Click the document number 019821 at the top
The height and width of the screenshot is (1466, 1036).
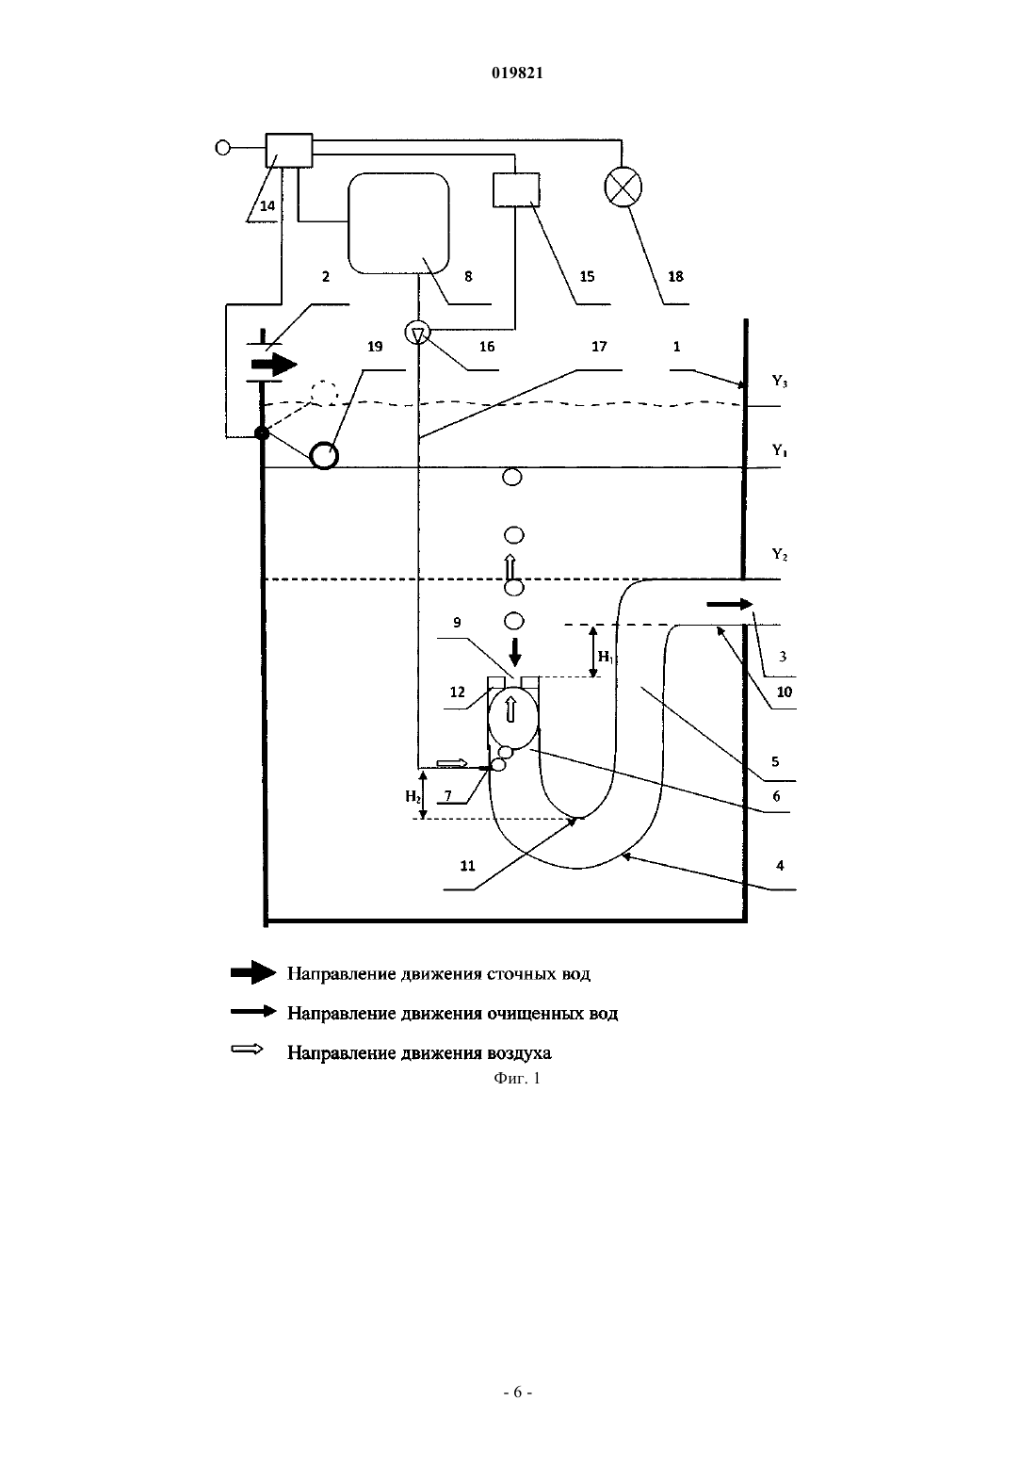point(517,73)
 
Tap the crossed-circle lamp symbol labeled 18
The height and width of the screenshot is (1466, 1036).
point(623,187)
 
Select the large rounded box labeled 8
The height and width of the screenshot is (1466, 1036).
point(398,223)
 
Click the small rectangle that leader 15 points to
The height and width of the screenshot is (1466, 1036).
point(516,189)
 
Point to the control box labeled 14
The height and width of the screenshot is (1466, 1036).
point(289,151)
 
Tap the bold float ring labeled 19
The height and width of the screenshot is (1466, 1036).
point(324,455)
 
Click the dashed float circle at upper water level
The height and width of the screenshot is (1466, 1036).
point(324,394)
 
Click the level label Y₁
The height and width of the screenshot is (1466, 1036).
point(779,450)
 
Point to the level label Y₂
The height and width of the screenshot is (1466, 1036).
point(779,555)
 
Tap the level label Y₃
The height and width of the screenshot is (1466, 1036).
point(779,381)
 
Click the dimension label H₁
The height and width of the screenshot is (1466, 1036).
point(606,657)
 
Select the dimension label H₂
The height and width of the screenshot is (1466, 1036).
point(413,796)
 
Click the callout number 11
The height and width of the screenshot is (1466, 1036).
point(468,866)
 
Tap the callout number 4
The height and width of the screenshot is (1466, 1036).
point(780,865)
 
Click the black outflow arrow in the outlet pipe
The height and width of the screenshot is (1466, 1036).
point(729,604)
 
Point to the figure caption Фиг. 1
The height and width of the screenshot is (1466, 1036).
point(517,1078)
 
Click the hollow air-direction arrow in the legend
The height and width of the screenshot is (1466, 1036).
point(247,1050)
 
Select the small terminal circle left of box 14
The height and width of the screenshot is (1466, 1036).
point(223,148)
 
